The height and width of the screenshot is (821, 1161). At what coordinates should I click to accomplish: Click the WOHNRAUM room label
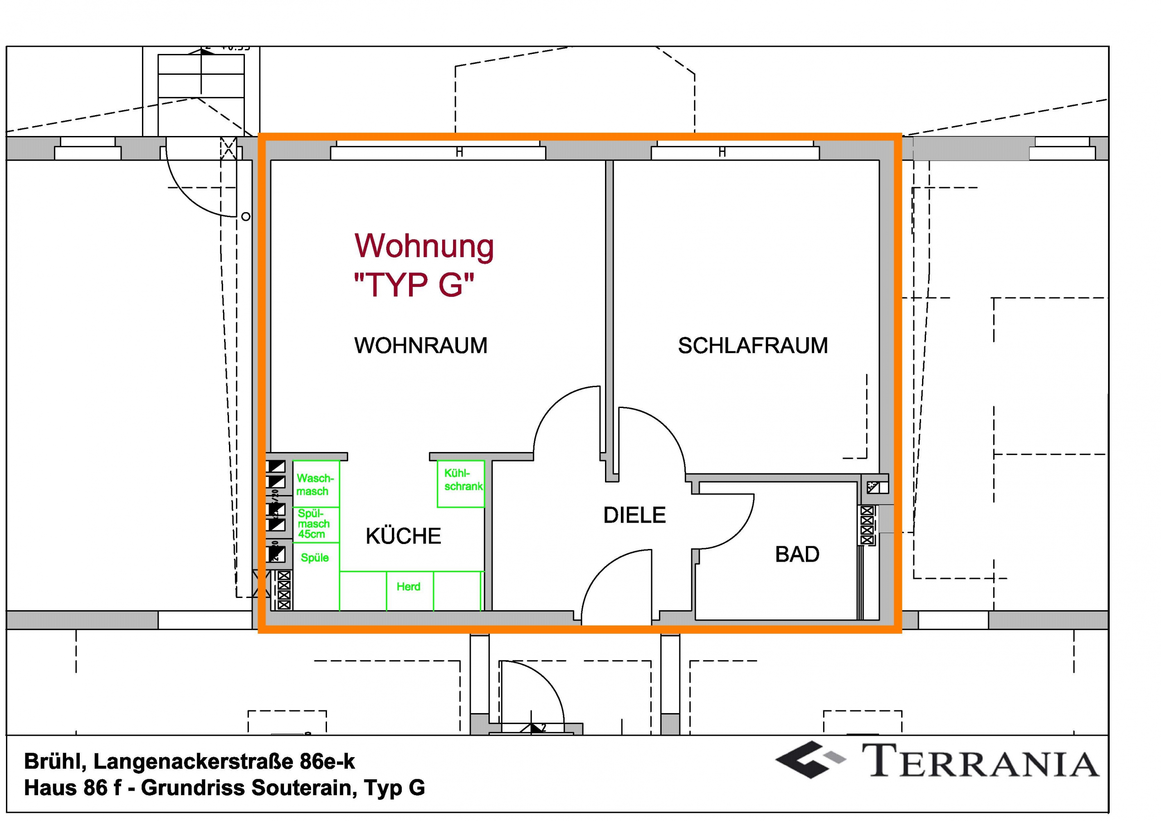click(421, 346)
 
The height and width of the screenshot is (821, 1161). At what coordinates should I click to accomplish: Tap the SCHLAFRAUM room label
click(752, 346)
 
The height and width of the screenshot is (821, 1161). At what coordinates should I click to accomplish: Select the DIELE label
click(634, 515)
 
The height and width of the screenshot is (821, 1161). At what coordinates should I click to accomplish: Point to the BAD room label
click(797, 554)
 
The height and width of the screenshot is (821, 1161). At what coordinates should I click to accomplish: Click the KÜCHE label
click(403, 536)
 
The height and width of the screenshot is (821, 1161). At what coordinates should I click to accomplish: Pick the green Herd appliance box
click(409, 590)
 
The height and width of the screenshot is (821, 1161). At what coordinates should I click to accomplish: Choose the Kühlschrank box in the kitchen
click(461, 483)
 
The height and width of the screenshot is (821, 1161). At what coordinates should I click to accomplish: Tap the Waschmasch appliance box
click(316, 484)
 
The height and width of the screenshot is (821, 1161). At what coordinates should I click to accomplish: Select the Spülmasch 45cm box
click(316, 524)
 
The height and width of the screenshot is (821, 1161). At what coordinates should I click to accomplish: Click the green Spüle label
click(315, 558)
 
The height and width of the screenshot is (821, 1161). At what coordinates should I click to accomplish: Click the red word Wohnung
click(424, 246)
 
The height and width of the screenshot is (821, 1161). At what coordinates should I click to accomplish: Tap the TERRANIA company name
click(981, 760)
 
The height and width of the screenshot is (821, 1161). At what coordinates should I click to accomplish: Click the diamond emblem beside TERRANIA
click(809, 759)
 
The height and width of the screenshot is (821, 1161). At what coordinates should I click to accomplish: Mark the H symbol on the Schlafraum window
click(722, 152)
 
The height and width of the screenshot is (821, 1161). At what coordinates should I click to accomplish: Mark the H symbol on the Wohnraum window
click(459, 152)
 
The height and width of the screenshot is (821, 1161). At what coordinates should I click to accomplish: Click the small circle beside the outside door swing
click(246, 217)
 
